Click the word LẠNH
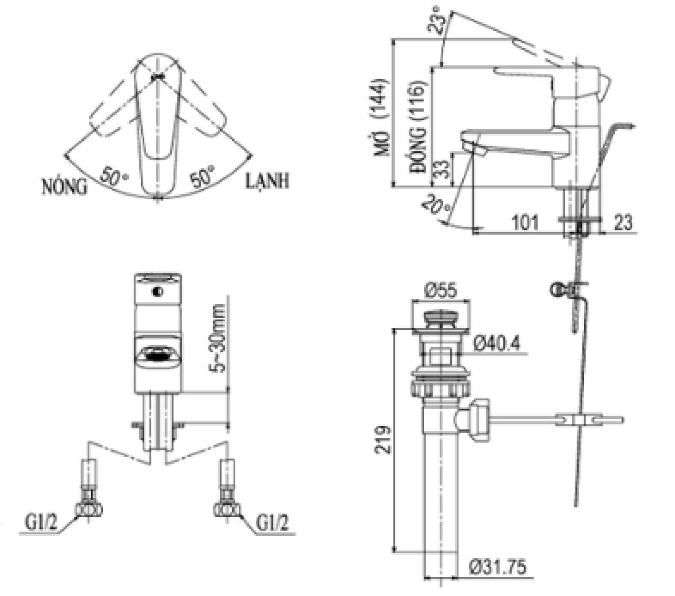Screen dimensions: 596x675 pyautogui.click(x=268, y=181)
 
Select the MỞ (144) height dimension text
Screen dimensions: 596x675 pyautogui.click(x=381, y=117)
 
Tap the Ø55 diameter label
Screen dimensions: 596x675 pyautogui.click(x=440, y=291)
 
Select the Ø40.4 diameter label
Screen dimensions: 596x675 pyautogui.click(x=497, y=343)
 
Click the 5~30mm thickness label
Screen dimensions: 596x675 pyautogui.click(x=218, y=338)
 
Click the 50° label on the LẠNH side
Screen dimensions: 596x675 pyautogui.click(x=202, y=176)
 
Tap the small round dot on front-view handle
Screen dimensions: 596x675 pyautogui.click(x=158, y=292)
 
